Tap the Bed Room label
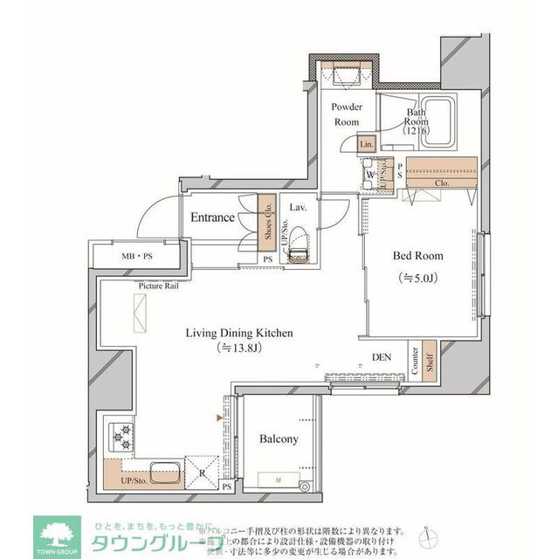click(x=417, y=257)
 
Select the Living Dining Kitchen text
click(x=238, y=333)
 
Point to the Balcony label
click(x=279, y=439)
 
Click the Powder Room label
click(x=347, y=114)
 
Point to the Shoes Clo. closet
click(x=268, y=218)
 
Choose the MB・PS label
click(x=135, y=257)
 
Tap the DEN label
click(x=382, y=356)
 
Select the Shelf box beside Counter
click(x=429, y=362)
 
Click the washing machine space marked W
click(x=371, y=175)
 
